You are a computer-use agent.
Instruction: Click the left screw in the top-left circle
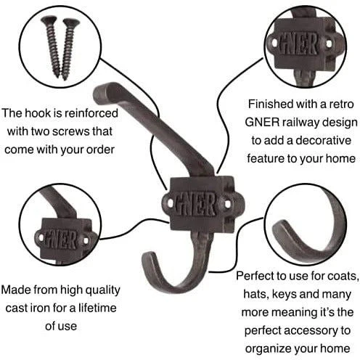[x=52, y=46]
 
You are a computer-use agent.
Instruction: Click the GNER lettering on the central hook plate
[x=195, y=205]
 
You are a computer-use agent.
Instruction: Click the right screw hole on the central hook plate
[x=227, y=205]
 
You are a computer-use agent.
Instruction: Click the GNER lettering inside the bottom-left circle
[x=62, y=240]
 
